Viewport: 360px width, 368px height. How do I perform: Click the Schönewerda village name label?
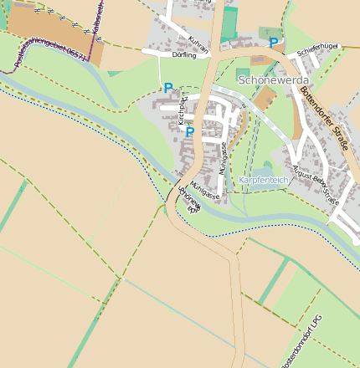274,80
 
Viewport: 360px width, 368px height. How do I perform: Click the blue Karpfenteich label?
263,180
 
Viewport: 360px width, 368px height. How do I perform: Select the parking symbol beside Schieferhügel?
273,42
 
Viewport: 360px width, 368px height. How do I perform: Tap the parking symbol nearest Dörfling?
167,88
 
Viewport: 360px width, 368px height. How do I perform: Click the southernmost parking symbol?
189,131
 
